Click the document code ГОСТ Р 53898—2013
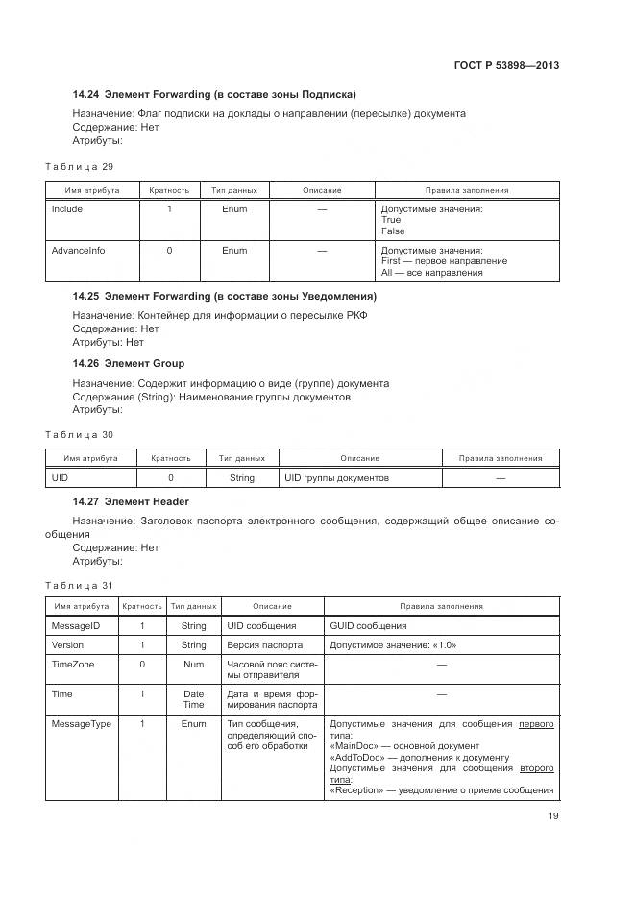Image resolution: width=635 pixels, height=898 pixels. coord(506,65)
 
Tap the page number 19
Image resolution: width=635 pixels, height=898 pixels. coord(552,816)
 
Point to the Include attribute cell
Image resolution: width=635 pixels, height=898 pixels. coord(67,209)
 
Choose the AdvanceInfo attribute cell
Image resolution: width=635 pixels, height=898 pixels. coord(78,251)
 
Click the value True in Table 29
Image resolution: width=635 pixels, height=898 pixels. coord(390,220)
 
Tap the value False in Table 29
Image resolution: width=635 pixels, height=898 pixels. coord(392,231)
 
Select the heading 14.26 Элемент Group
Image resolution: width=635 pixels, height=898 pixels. coord(129,363)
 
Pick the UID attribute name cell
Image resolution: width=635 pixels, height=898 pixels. coord(60,477)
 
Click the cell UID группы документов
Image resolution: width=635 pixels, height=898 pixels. coord(336,477)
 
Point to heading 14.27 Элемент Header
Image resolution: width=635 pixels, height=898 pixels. coord(131,501)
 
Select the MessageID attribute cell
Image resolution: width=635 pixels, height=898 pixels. coord(73,625)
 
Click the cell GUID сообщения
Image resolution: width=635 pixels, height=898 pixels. coord(368,625)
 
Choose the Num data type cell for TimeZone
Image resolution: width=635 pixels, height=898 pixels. coord(193,664)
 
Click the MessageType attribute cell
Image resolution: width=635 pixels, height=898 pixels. coord(80,724)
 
